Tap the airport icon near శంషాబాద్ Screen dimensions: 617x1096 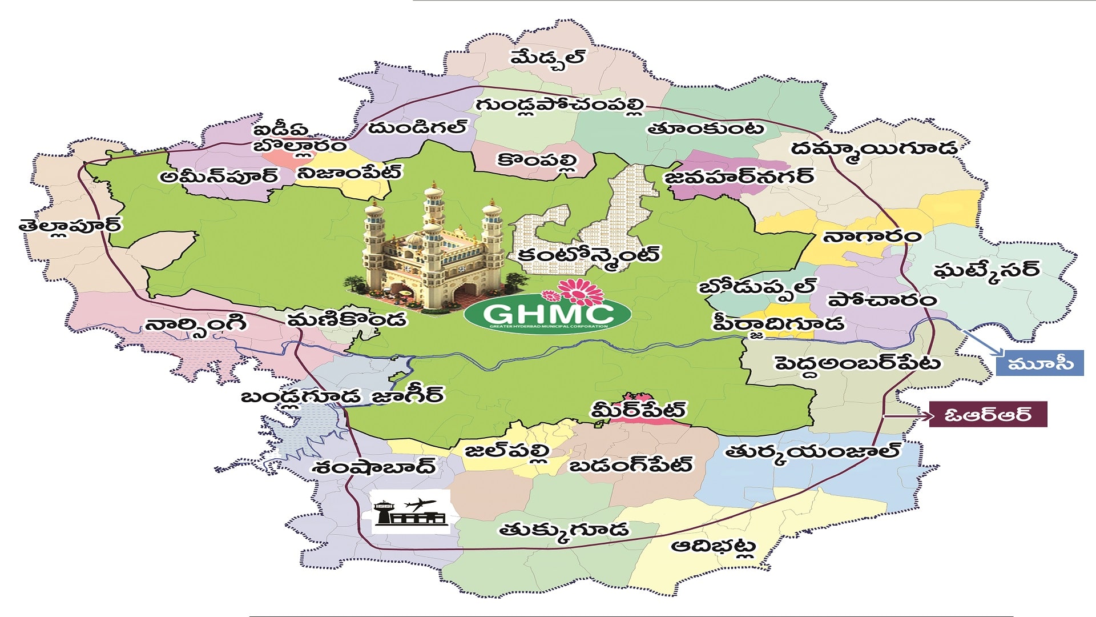pos(410,512)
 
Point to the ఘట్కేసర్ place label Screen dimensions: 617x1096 pos(986,270)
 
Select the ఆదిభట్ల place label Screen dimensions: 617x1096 pos(714,547)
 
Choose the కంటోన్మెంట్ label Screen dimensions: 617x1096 pos(588,254)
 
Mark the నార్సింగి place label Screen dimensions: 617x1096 pos(196,326)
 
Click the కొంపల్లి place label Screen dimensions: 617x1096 pos(537,161)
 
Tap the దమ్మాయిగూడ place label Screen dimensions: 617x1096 pos(873,149)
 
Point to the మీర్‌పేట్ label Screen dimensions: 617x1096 pos(638,410)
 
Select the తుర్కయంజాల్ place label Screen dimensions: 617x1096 pos(812,452)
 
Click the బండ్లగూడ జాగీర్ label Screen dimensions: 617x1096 pos(341,396)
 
